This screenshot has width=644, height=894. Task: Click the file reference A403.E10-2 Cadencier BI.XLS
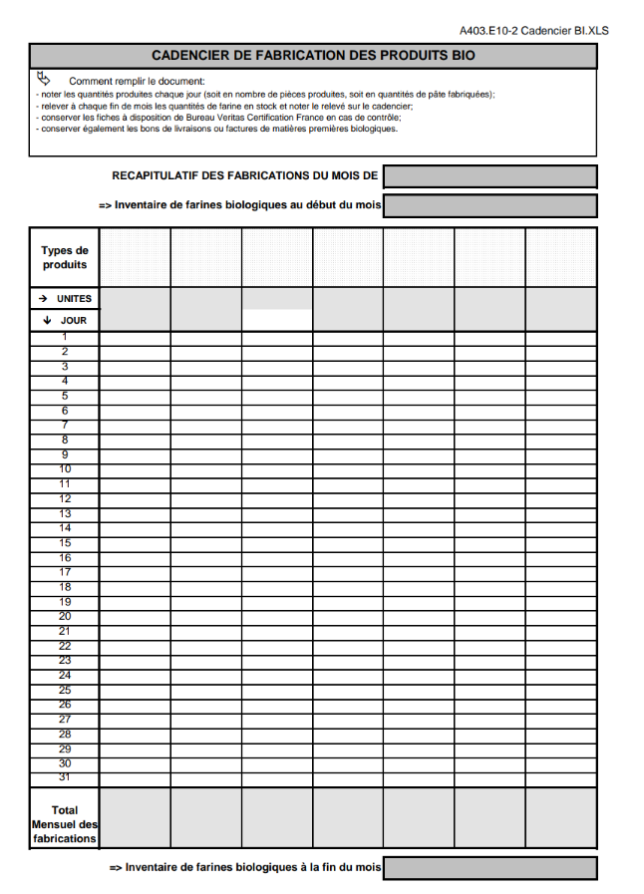pyautogui.click(x=533, y=31)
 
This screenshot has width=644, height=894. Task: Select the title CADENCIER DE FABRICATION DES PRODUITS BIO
pyautogui.click(x=313, y=56)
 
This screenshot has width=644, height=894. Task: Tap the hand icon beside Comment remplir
pyautogui.click(x=43, y=78)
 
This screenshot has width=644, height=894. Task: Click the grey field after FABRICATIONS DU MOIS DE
pyautogui.click(x=489, y=176)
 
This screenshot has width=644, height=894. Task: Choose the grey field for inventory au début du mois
pyautogui.click(x=489, y=206)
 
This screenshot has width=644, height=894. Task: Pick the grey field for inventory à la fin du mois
pyautogui.click(x=489, y=868)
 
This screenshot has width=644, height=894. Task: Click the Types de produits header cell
pyautogui.click(x=65, y=258)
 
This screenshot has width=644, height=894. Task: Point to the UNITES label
pyautogui.click(x=74, y=299)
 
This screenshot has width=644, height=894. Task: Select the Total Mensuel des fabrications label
pyautogui.click(x=65, y=824)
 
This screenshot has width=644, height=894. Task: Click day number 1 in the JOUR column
pyautogui.click(x=65, y=338)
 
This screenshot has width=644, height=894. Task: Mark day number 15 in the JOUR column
pyautogui.click(x=65, y=543)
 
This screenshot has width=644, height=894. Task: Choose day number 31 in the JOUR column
pyautogui.click(x=65, y=777)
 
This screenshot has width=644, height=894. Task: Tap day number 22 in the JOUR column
pyautogui.click(x=65, y=646)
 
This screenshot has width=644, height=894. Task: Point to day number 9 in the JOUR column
pyautogui.click(x=65, y=454)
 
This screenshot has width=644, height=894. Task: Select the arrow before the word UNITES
pyautogui.click(x=43, y=299)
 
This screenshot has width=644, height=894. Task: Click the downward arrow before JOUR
pyautogui.click(x=47, y=321)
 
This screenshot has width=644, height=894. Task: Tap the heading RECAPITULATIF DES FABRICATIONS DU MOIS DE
pyautogui.click(x=245, y=176)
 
